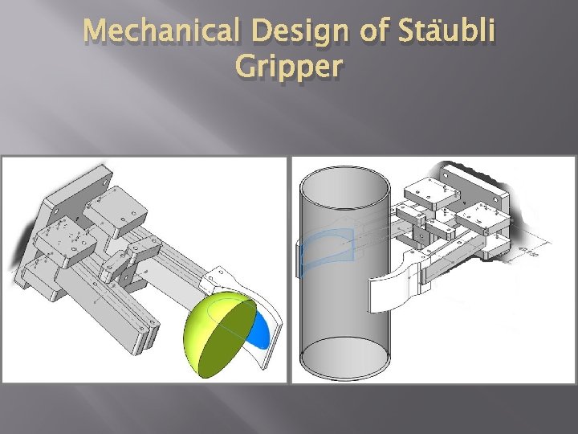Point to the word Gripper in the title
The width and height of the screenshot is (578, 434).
[289, 68]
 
